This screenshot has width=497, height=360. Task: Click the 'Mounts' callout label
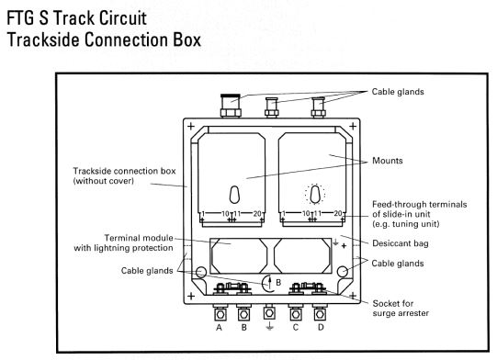(x=388, y=161)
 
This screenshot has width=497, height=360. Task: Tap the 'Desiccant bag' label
(x=401, y=243)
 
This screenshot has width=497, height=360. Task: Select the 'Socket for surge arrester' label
(x=401, y=309)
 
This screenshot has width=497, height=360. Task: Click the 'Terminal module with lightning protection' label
(x=123, y=242)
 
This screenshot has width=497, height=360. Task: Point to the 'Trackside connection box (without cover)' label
(x=124, y=176)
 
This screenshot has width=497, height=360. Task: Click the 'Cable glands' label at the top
(x=398, y=92)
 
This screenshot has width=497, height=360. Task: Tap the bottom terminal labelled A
(x=219, y=328)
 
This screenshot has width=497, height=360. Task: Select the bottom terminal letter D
(x=321, y=327)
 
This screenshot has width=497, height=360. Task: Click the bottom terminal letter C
(x=296, y=327)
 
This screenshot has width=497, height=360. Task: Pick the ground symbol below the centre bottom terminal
(x=269, y=326)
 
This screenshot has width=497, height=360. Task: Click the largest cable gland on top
(x=231, y=106)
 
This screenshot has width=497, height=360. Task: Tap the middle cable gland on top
(x=272, y=107)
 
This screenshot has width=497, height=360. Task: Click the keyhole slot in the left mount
(x=234, y=195)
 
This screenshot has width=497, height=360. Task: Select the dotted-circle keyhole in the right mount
(x=315, y=194)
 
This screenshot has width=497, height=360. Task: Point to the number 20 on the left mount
(x=257, y=214)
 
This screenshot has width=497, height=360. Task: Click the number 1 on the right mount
(x=283, y=214)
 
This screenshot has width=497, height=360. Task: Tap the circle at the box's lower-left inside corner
(x=201, y=272)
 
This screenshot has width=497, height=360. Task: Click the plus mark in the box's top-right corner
(x=353, y=127)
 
